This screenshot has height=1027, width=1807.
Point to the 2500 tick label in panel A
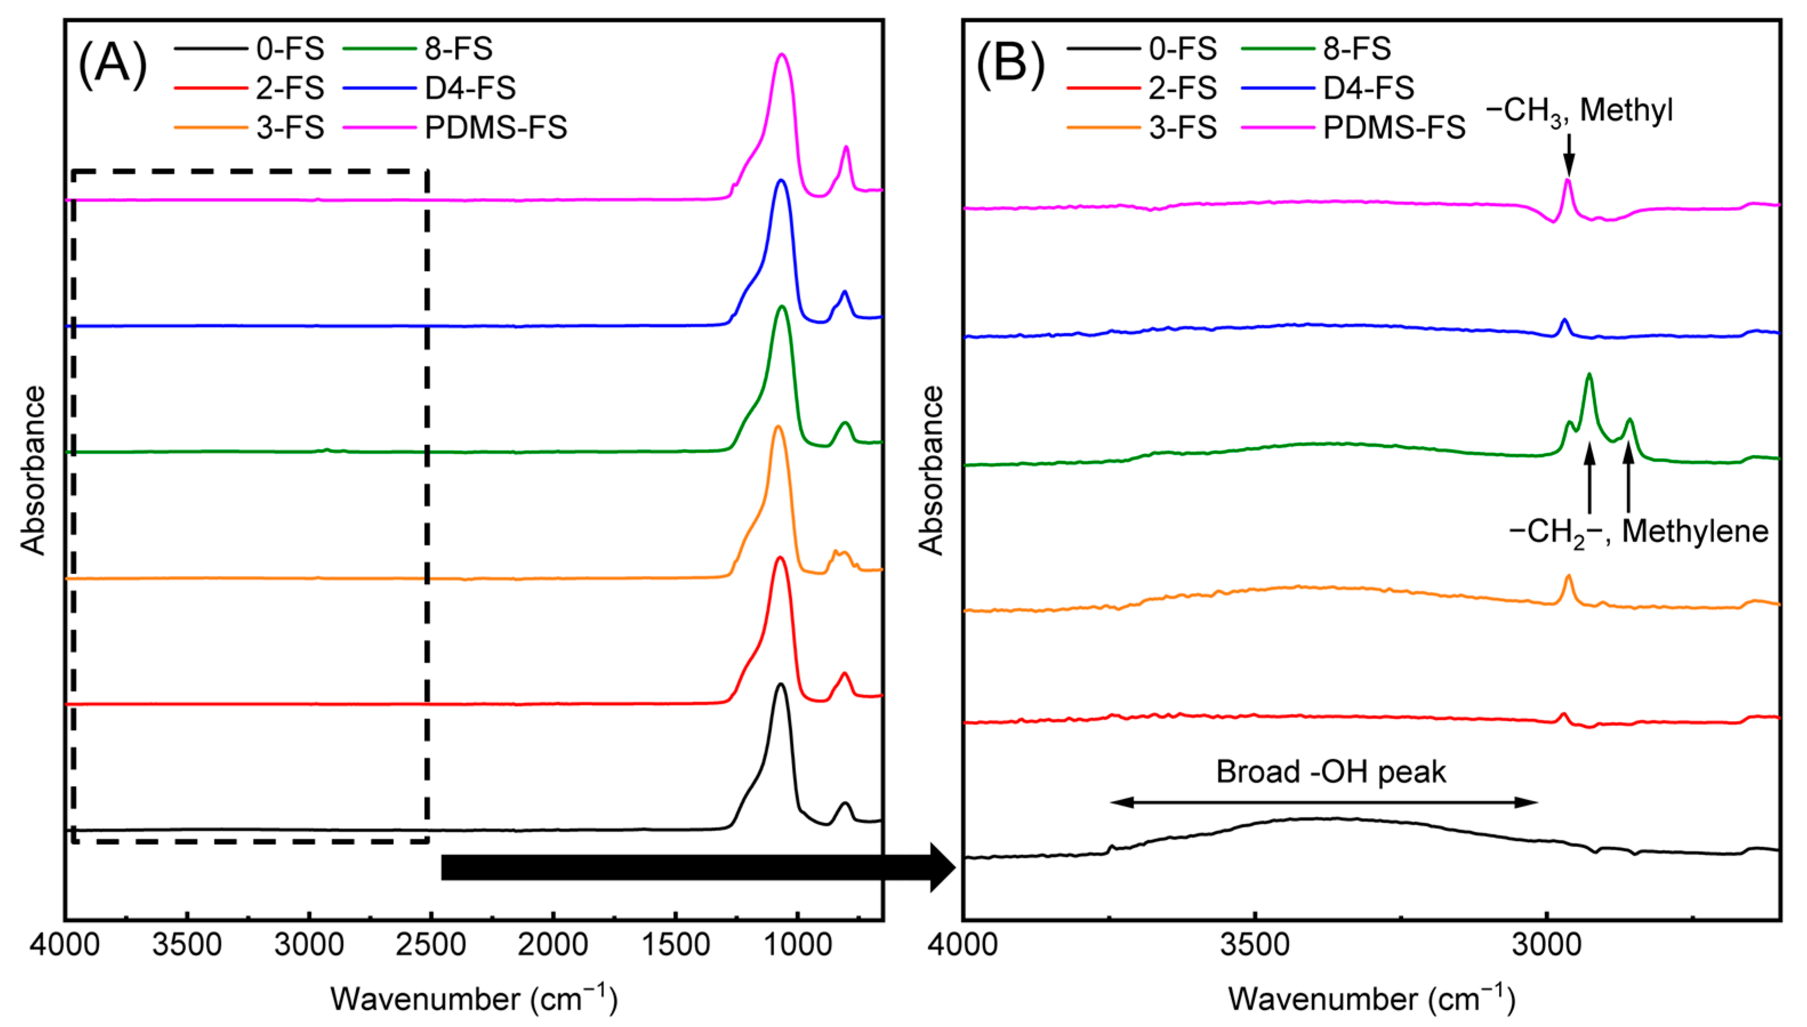click(430, 945)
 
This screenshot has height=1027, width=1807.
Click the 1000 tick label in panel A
click(798, 945)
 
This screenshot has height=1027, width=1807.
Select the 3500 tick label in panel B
click(1255, 945)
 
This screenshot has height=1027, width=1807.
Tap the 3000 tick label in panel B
click(1547, 945)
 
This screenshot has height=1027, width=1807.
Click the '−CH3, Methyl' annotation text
click(1579, 111)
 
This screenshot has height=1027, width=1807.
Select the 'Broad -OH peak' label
click(1330, 772)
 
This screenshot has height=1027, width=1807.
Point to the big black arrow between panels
click(698, 867)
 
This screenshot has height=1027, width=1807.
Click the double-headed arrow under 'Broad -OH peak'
click(1324, 802)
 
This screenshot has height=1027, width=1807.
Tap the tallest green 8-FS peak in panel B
click(1589, 376)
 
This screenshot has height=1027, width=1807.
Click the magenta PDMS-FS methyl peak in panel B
click(1568, 182)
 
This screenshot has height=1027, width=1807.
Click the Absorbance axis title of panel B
click(931, 470)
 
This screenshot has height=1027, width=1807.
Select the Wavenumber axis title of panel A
click(473, 999)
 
